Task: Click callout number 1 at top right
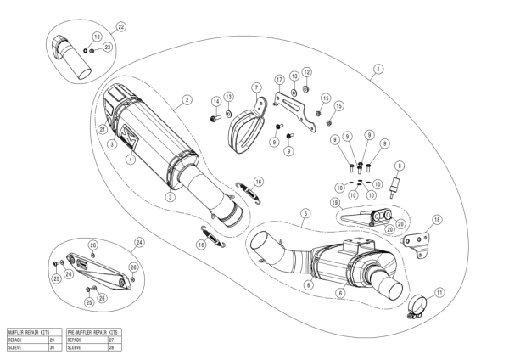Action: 378,68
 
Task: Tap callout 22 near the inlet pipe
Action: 120,28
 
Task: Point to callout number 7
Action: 255,87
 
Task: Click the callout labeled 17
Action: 277,79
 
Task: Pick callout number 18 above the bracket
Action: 437,219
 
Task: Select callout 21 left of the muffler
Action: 102,129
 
